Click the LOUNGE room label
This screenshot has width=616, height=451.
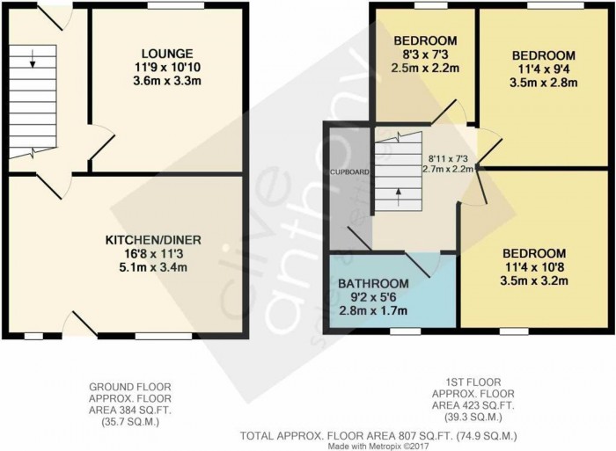tap(167, 54)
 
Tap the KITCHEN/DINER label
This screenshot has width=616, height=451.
tap(153, 240)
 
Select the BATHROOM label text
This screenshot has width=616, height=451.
tap(373, 283)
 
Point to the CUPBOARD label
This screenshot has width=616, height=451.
tap(349, 172)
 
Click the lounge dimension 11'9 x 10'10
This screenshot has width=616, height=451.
tap(167, 67)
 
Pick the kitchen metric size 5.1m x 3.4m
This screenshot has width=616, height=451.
tap(153, 267)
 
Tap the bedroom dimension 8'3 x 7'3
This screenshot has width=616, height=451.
tap(425, 55)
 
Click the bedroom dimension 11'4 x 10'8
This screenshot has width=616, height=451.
tap(534, 267)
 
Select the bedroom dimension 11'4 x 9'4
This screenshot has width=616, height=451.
tap(543, 69)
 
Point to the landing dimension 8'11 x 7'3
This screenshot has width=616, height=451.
tap(447, 159)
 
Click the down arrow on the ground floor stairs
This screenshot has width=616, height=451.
tap(33, 59)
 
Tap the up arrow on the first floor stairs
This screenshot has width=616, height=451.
tap(399, 198)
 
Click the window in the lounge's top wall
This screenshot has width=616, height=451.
tap(176, 5)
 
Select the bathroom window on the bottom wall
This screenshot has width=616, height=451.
tap(406, 331)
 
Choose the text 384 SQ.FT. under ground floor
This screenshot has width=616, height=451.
tap(143, 411)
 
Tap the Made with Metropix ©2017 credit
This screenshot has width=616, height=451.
tap(378, 447)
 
